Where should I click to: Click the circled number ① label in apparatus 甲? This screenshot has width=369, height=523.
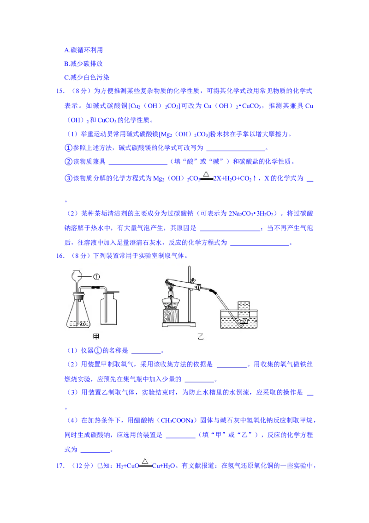97,276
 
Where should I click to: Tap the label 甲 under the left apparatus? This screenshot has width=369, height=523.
96,336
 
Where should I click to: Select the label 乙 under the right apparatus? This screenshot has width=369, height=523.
200,336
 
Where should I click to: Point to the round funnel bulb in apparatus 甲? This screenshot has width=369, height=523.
77,277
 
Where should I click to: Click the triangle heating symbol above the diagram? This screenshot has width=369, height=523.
207,174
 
